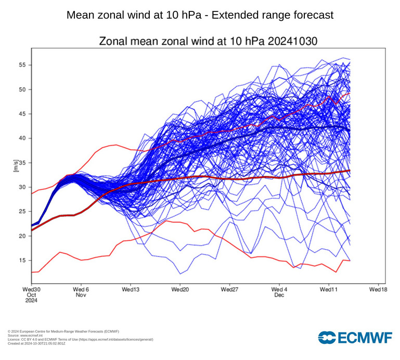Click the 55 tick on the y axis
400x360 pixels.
[x=23, y=65]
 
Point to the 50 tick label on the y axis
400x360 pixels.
[x=23, y=89]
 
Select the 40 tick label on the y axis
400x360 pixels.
[x=23, y=138]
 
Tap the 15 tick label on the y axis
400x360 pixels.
[x=23, y=260]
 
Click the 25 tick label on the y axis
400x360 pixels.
[x=23, y=212]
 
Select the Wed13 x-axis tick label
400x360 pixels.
[x=131, y=289]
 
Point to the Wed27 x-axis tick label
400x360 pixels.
[x=230, y=289]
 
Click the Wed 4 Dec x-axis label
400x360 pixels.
[x=279, y=291]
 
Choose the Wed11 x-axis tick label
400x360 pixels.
[x=329, y=289]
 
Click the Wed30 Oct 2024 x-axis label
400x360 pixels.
[x=32, y=294]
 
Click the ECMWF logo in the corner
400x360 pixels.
[x=355, y=338]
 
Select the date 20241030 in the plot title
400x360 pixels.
[x=293, y=41]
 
